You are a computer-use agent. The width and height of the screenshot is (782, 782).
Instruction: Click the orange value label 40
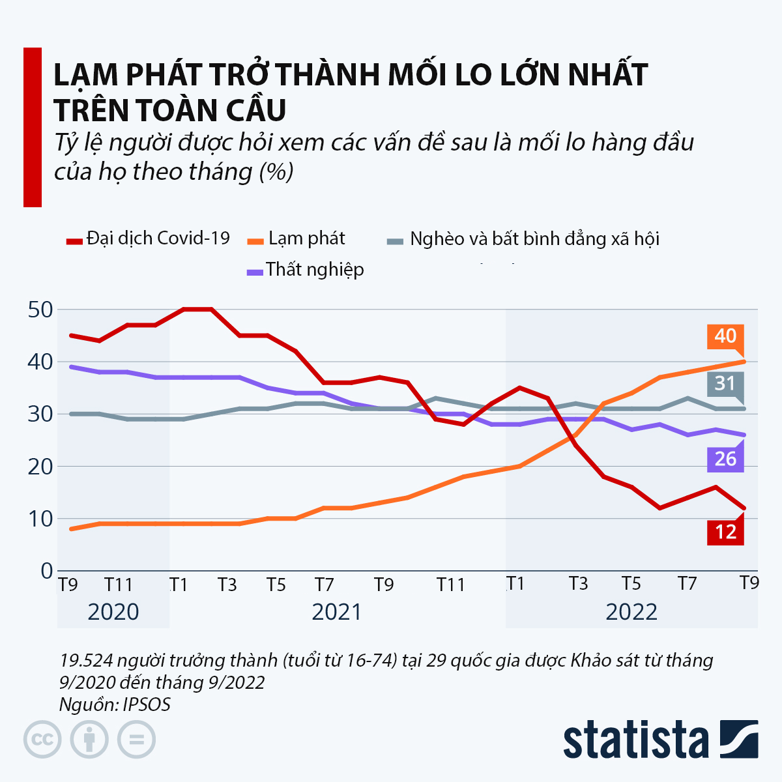pos(725,336)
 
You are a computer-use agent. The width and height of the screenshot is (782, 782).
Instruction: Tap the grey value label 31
pos(725,383)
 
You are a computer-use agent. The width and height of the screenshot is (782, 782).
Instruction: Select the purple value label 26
pos(725,459)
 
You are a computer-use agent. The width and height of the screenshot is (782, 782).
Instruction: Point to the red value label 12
pos(725,532)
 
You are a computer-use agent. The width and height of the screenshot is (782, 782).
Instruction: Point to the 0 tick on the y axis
pos(46,571)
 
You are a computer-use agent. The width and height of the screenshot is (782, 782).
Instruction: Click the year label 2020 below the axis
pos(113,612)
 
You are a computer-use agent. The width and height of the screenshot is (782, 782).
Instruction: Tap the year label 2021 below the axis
pos(337,612)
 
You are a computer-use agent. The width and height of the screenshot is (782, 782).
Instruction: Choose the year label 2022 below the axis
pos(631,612)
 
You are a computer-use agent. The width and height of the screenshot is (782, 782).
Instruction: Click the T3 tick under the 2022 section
pos(578,583)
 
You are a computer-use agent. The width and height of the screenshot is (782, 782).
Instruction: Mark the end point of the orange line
pos(744,361)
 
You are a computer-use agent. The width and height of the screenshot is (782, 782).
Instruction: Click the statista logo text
pos(635,740)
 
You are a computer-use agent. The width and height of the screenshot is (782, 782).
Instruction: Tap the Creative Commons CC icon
pos(42,740)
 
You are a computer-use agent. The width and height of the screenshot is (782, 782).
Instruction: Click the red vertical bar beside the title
pos(33,127)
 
